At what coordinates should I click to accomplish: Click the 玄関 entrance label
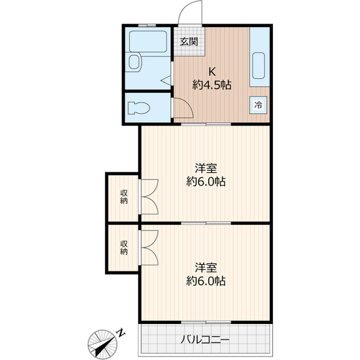point(189,41)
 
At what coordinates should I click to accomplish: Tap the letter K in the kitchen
point(212,71)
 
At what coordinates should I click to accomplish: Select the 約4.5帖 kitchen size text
point(212,85)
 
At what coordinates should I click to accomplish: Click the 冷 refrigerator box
point(258,105)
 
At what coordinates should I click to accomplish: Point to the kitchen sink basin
point(259,66)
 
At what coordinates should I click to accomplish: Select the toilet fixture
point(137,107)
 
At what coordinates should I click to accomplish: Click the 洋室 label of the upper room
point(206,168)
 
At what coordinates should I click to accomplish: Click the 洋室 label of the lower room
point(206,267)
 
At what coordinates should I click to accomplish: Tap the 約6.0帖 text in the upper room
point(206,182)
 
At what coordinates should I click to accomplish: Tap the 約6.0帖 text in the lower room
point(206,281)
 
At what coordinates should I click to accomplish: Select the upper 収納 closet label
point(123,197)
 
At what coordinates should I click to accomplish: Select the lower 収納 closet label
point(123,247)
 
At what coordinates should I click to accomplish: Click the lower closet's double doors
point(150,247)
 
